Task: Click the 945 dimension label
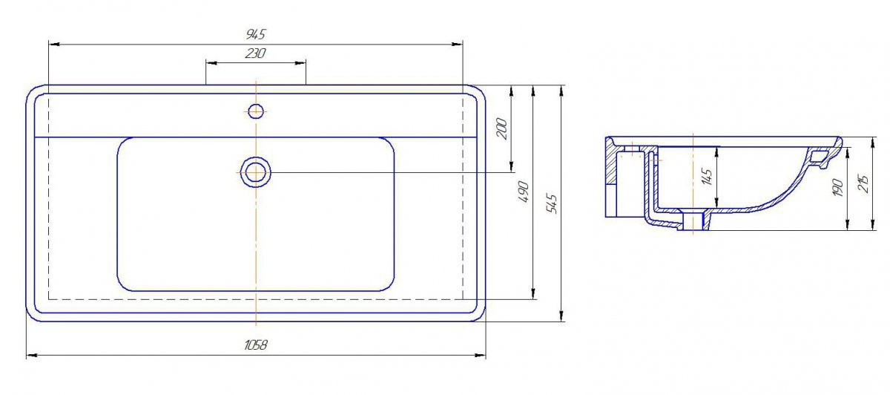point(255,34)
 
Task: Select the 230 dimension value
point(255,53)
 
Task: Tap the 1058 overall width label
point(255,345)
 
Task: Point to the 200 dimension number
point(503,129)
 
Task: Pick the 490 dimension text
point(524,192)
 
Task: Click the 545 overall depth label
point(553,203)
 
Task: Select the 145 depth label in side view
point(707,177)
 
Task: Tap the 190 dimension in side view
point(838,187)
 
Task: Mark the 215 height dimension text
point(864,184)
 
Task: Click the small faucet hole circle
point(256,111)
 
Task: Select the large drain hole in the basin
point(255,172)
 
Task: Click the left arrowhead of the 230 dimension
point(211,63)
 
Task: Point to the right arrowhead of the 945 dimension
point(458,44)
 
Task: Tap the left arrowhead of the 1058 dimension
point(31,355)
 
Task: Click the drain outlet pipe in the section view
point(693,221)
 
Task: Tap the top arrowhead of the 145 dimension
point(716,152)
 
